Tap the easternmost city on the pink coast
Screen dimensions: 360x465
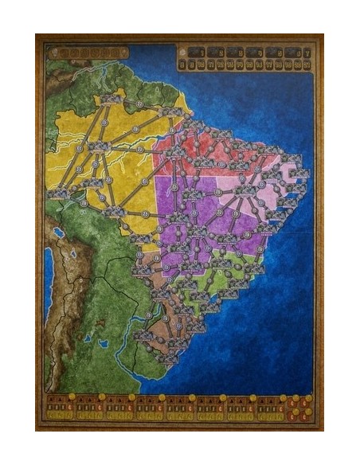click(x=300, y=172)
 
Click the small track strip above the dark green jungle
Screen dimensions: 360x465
click(x=88, y=53)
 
